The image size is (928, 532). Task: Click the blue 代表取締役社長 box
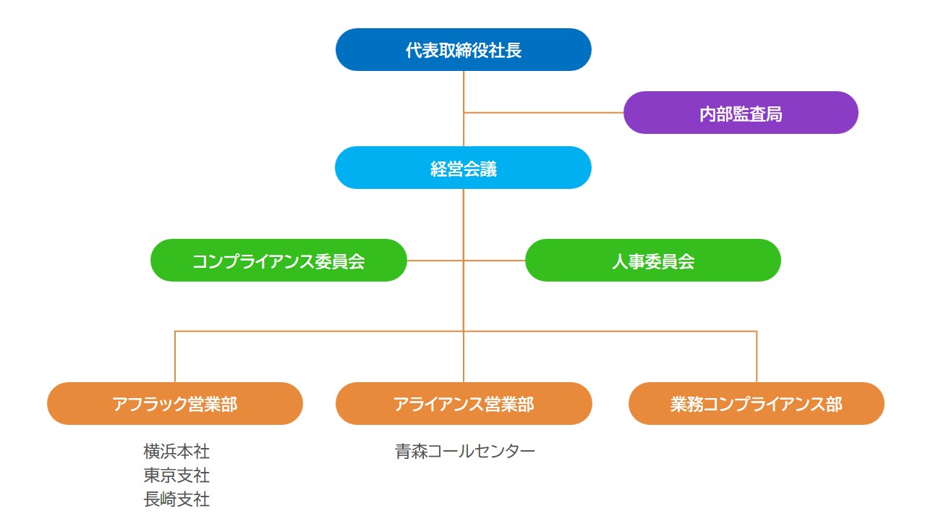pos(463,50)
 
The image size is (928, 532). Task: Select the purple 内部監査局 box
pos(741,113)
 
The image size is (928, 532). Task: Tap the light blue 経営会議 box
pos(463,168)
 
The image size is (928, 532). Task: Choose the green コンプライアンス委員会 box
pos(278,261)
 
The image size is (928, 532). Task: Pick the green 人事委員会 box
pos(652,261)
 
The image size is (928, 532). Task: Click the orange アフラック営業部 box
pos(174,404)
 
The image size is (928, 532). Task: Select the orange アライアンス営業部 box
pos(463,404)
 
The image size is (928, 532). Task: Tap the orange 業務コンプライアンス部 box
pos(756,404)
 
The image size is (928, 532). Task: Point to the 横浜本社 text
pos(176,452)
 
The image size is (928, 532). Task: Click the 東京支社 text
pos(176,476)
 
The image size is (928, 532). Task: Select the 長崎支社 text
pos(176,499)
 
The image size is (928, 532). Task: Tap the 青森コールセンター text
pos(464,452)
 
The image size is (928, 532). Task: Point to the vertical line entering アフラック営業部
pos(175,356)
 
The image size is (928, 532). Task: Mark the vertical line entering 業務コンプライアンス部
pos(757,356)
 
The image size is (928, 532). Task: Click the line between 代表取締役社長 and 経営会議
pos(464,90)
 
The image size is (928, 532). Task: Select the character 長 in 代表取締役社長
pos(514,50)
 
